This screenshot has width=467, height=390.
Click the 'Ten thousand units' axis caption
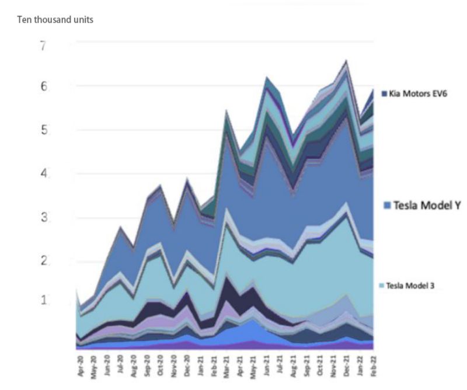pyautogui.click(x=55, y=20)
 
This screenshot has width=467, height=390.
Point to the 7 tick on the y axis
pyautogui.click(x=43, y=46)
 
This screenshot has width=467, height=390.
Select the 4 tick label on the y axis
pyautogui.click(x=43, y=173)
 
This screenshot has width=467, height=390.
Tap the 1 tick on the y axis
pyautogui.click(x=43, y=300)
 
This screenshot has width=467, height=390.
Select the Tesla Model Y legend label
pyautogui.click(x=422, y=206)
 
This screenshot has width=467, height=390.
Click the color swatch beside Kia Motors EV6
pyautogui.click(x=384, y=93)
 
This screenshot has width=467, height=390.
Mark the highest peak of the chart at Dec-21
pyautogui.click(x=347, y=60)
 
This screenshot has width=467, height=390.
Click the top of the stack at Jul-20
pyautogui.click(x=120, y=227)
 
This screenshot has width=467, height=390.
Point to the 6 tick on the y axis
pyautogui.click(x=43, y=86)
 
